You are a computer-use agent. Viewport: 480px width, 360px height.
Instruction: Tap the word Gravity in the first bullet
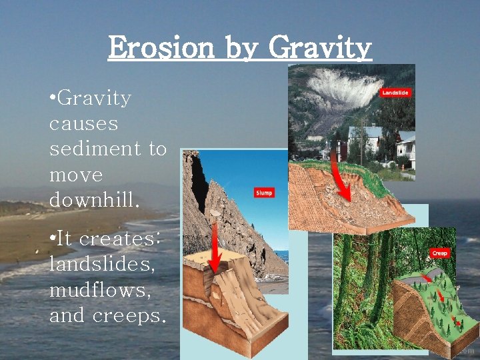[94, 99]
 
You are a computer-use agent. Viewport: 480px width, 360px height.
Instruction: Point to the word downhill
[94, 201]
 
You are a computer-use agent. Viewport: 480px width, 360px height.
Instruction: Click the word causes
[83, 124]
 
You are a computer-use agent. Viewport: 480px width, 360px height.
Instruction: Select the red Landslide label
[395, 93]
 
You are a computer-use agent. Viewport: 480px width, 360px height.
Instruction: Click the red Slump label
[264, 193]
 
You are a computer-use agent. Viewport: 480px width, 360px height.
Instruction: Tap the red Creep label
[439, 253]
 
